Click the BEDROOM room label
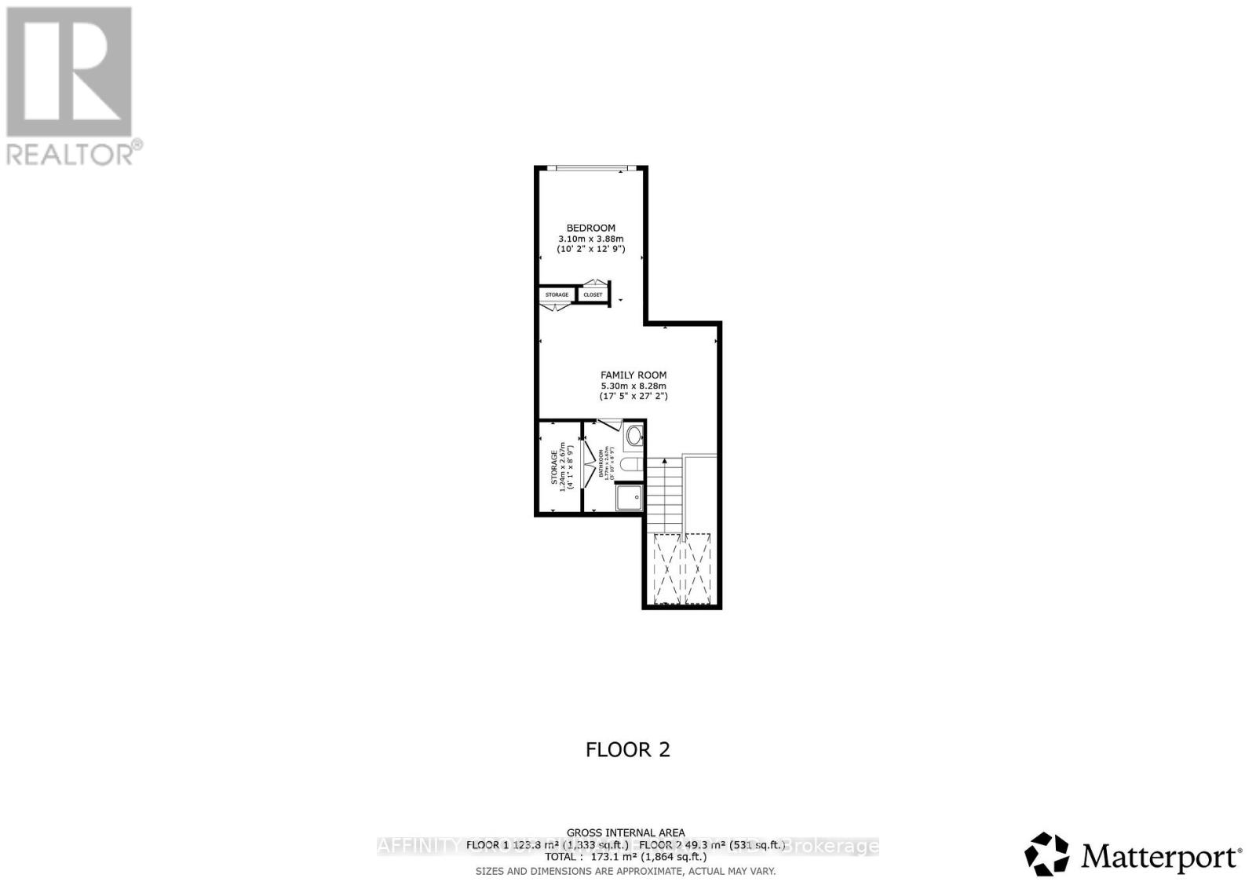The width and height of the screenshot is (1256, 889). [x=590, y=228]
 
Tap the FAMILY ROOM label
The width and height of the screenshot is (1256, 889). [x=633, y=375]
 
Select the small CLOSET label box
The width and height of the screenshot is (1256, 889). [x=593, y=295]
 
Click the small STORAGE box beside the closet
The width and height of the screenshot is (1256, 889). [x=557, y=295]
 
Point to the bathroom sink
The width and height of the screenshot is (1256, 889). [x=634, y=435]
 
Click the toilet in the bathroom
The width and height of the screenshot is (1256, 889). [x=631, y=465]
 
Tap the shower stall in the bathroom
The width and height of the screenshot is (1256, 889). [x=629, y=497]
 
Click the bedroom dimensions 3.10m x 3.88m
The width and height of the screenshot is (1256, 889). [x=590, y=239]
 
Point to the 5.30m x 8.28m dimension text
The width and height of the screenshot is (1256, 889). [x=633, y=386]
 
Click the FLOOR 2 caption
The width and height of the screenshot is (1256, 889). [x=628, y=749]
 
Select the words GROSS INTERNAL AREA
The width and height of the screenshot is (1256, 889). [x=626, y=832]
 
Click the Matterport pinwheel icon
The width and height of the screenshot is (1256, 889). [x=1047, y=854]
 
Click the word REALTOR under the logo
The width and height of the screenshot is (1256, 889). [x=71, y=152]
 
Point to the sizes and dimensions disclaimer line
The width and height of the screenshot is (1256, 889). [x=626, y=871]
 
